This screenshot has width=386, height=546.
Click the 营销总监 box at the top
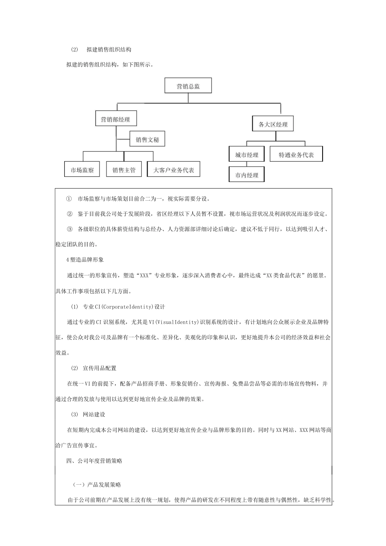(188, 86)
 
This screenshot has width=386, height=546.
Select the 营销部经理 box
(115, 119)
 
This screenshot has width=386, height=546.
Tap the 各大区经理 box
(273, 124)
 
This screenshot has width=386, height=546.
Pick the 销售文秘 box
(147, 140)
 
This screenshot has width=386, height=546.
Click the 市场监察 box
(82, 170)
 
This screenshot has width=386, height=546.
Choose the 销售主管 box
(124, 170)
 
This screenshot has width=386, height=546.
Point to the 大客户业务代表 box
(173, 170)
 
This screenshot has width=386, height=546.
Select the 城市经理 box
(247, 155)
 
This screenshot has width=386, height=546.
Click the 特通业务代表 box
(296, 155)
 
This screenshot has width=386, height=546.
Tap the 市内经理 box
(247, 175)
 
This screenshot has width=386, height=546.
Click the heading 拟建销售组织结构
(108, 50)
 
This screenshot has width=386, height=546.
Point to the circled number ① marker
(69, 199)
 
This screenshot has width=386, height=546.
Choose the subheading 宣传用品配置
(99, 368)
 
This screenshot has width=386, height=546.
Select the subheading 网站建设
(94, 414)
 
